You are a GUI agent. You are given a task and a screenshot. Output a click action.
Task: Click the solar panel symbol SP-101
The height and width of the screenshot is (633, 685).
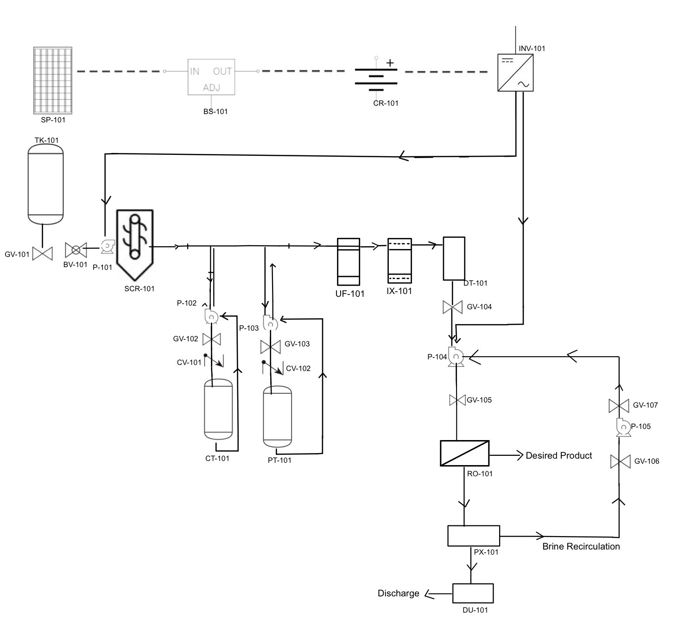pos(53,80)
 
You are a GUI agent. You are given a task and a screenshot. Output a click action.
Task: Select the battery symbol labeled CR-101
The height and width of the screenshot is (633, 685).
pos(376,77)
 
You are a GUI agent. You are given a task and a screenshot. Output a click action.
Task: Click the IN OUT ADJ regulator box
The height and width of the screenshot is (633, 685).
pos(211,77)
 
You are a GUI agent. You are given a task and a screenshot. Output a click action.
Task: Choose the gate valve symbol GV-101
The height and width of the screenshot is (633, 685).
pos(43,253)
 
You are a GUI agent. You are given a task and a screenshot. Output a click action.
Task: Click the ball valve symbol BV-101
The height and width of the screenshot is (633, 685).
pos(76,250)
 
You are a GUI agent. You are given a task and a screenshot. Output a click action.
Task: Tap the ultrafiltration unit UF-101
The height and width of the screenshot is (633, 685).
pos(348,262)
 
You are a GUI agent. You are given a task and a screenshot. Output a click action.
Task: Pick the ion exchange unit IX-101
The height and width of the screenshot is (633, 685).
pos(400,261)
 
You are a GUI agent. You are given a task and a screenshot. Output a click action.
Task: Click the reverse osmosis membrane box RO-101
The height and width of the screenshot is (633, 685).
pos(464,453)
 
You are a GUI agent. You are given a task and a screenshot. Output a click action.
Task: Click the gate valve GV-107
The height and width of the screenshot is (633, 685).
pos(619,406)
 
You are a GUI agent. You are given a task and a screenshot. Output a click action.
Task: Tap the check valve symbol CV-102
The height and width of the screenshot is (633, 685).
pos(273,367)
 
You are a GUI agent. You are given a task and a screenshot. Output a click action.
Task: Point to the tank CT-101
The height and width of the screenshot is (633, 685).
pos(218,409)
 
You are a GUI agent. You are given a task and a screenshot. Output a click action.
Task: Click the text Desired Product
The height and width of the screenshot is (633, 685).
pos(558,455)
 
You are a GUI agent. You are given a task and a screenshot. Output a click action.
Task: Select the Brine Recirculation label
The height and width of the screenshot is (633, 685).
pos(581,546)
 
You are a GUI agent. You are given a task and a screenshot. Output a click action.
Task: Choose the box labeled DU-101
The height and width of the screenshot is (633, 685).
pos(473,593)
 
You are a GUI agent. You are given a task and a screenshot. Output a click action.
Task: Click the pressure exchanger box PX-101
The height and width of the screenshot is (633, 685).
pos(473,536)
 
